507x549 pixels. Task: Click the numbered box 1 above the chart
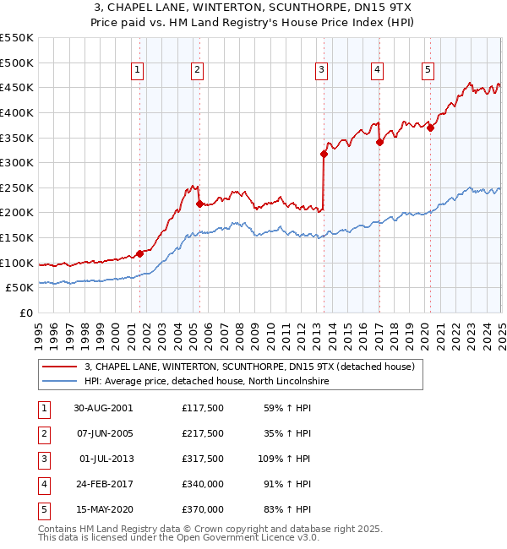(137, 70)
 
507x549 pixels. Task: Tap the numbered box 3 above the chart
(322, 70)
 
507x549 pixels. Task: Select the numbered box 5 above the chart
(428, 70)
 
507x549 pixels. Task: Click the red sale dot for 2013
(324, 154)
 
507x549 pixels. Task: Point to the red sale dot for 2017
(379, 142)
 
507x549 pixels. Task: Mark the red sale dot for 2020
(430, 128)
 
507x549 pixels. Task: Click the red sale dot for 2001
(140, 253)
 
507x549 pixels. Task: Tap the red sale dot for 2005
(199, 204)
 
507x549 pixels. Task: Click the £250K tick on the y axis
(17, 188)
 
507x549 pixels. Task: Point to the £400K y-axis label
(17, 112)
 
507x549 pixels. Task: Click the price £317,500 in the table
(202, 459)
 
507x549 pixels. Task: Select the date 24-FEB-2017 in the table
(103, 485)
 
